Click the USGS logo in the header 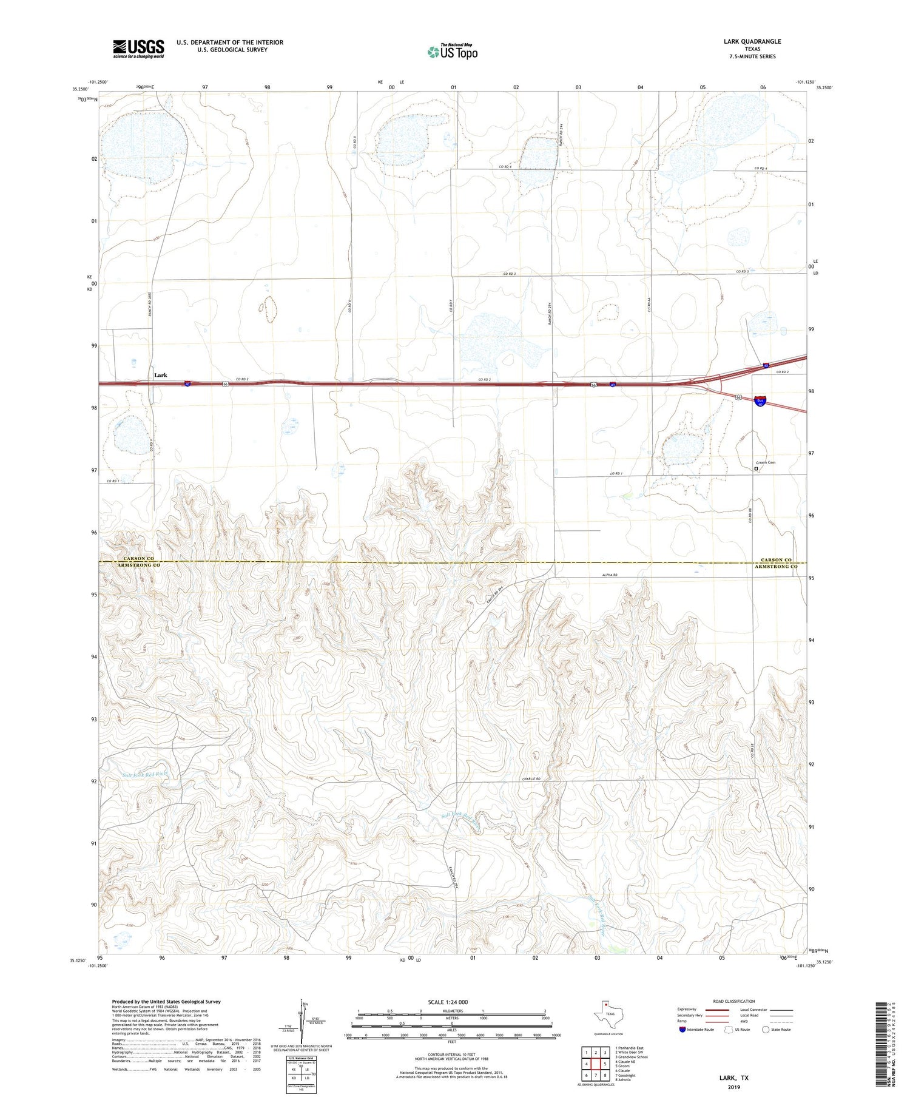(138, 49)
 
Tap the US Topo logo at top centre (452, 52)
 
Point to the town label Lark (160, 375)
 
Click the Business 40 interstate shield (760, 400)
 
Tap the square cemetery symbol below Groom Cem (757, 468)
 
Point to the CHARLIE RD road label (531, 778)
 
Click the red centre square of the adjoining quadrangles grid (596, 1064)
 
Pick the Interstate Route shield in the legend (682, 1030)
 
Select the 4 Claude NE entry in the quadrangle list (629, 1062)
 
